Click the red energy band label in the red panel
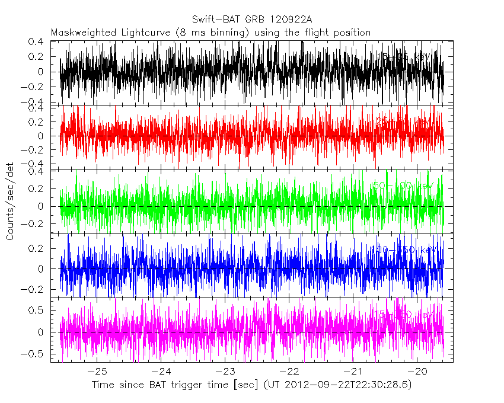coord(404,121)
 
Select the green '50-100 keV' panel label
coord(403,186)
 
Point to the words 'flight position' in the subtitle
coord(339,33)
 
